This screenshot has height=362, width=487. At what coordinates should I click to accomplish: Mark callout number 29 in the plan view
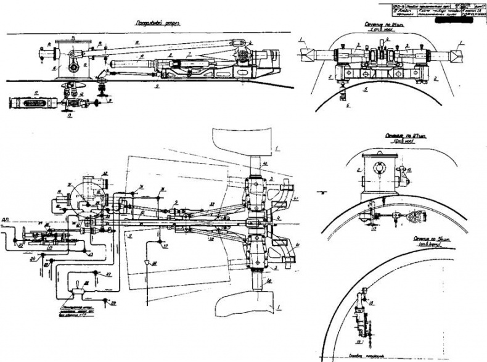tap(106, 303)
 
